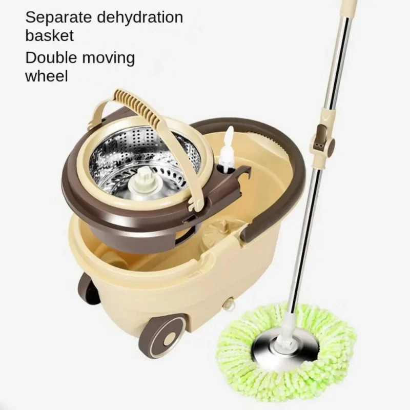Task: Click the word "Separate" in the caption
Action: click(58, 17)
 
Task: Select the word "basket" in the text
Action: click(49, 35)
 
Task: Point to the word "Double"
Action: click(51, 57)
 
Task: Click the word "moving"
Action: click(109, 59)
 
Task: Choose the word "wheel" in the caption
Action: click(47, 76)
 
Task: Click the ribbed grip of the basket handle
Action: click(139, 105)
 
